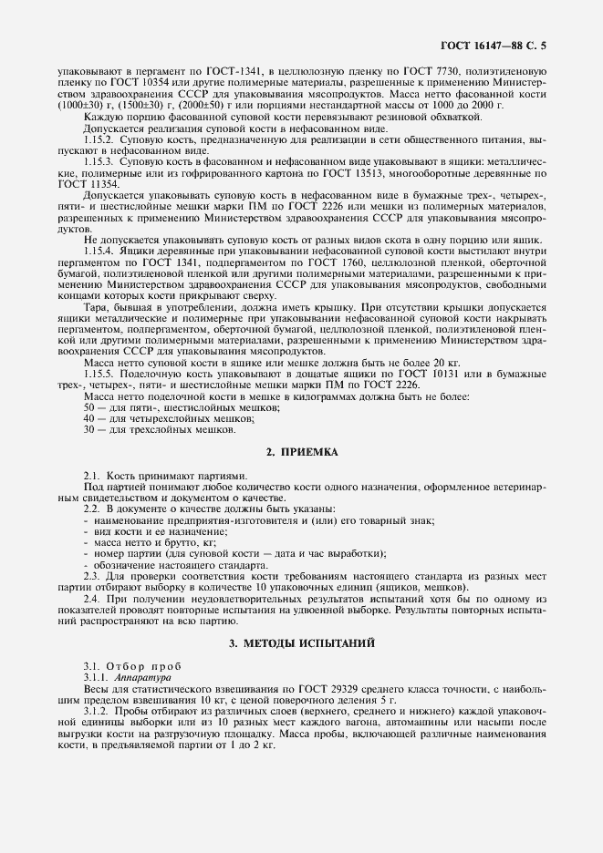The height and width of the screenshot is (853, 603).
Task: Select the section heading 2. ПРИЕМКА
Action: (301, 452)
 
